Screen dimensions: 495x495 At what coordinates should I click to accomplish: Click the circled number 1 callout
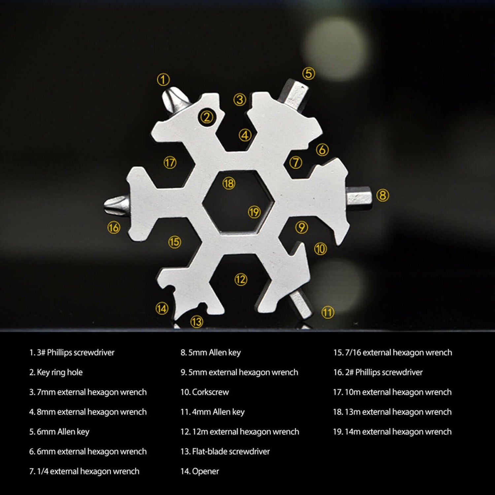(x=163, y=80)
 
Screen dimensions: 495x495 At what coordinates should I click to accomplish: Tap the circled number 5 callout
(x=309, y=73)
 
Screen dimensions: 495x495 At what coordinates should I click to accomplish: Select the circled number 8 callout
(x=382, y=195)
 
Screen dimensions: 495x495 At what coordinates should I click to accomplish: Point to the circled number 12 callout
(x=241, y=280)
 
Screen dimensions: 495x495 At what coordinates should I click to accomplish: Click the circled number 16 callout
(x=114, y=227)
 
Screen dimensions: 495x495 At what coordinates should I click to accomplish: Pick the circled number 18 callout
(x=229, y=183)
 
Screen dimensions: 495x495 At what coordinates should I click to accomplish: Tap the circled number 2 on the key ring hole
(x=207, y=117)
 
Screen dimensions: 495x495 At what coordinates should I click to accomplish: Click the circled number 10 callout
(x=320, y=248)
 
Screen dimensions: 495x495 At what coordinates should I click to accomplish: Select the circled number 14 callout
(x=162, y=309)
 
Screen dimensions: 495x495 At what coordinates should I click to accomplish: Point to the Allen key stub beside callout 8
(x=359, y=197)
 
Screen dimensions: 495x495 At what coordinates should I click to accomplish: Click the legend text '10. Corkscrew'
(x=205, y=392)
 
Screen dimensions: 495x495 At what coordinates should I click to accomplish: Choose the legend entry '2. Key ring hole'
(x=56, y=372)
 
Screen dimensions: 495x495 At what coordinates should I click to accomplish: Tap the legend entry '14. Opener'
(x=200, y=471)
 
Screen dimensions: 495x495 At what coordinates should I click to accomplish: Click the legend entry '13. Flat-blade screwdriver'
(x=225, y=451)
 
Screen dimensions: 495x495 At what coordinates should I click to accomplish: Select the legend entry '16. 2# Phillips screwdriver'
(x=378, y=372)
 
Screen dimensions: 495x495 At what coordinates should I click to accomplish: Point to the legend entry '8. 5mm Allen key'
(x=211, y=352)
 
